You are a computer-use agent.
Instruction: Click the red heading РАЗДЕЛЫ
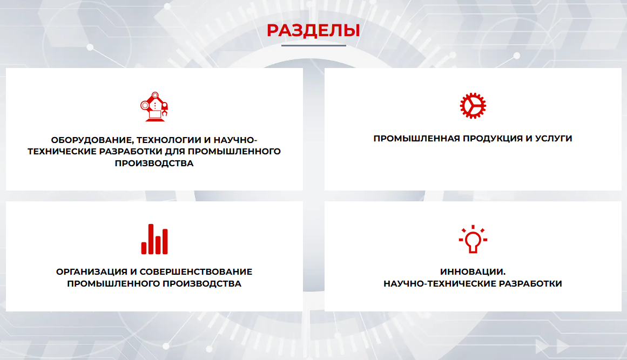pos(313,31)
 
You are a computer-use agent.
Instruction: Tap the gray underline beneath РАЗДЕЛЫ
pos(313,45)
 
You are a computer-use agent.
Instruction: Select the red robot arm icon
pos(154,106)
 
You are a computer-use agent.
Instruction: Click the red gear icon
pos(473,106)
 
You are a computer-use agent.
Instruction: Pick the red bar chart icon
pos(154,239)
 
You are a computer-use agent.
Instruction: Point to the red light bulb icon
pos(473,239)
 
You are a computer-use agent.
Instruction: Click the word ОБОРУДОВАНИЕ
pos(92,140)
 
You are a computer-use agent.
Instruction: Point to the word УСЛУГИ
pos(554,138)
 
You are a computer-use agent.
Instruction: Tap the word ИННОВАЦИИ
pos(473,272)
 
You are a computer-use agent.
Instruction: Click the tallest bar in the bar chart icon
pos(151,239)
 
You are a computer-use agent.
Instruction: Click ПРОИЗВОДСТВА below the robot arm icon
pos(154,164)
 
